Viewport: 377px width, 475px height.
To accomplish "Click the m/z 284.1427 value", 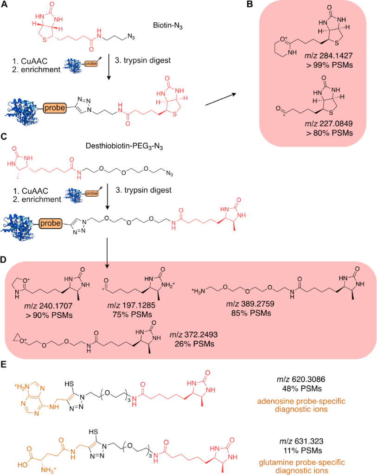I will (x=331, y=56).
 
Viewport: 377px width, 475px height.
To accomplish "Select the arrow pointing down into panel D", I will (x=108, y=253).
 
